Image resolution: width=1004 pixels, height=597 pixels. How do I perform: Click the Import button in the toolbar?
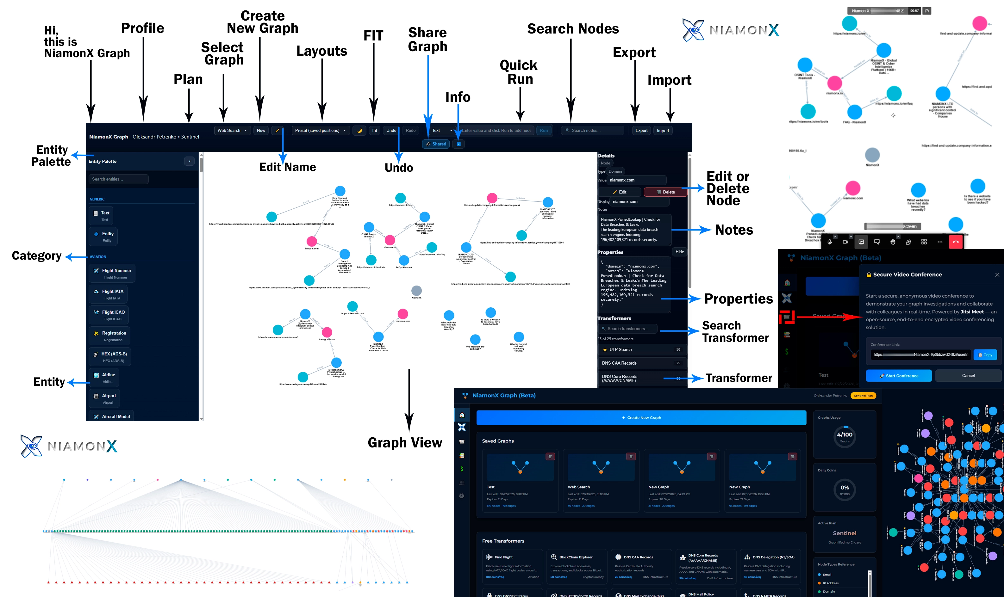point(663,131)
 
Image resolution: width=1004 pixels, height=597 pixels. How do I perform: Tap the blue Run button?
point(544,130)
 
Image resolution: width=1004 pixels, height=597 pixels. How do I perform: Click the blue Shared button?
point(436,144)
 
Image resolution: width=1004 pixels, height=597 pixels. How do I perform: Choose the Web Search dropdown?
point(232,130)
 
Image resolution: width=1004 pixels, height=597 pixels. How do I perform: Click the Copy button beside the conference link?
point(985,355)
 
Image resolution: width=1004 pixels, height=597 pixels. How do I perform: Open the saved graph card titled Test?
point(519,481)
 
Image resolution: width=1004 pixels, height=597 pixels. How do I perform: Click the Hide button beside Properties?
point(679,252)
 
